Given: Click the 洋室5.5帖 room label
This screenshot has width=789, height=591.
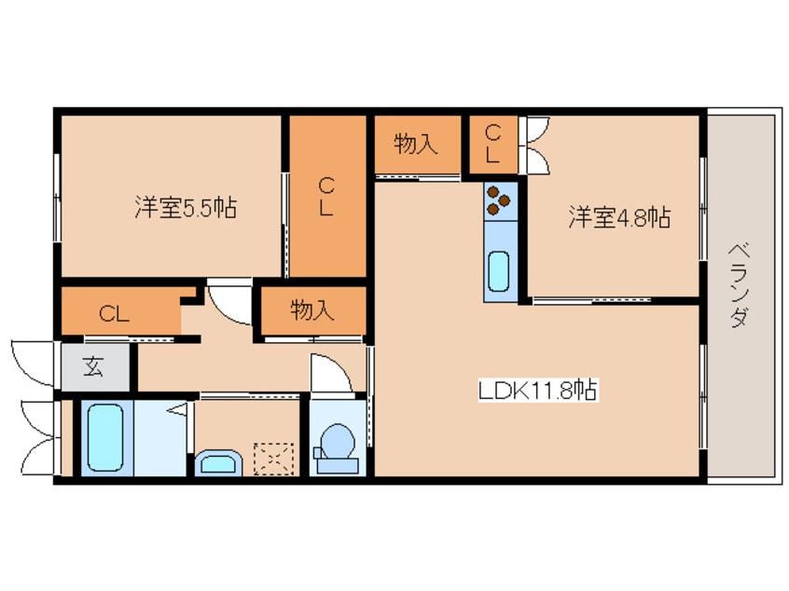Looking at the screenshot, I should (184, 208).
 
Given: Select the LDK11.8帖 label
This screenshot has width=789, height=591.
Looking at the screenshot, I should (538, 390).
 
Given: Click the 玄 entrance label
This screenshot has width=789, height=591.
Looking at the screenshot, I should (93, 366).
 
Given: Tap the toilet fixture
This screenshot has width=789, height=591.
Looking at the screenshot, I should (337, 445).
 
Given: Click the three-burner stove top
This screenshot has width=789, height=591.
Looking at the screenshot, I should (500, 199).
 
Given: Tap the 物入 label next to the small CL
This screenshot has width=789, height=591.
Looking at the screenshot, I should (416, 144).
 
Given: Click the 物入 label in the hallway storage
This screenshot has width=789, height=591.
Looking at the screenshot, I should (312, 310).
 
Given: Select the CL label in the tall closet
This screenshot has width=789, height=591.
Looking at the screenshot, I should (325, 196).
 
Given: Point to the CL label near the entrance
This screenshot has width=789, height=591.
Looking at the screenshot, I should (115, 314).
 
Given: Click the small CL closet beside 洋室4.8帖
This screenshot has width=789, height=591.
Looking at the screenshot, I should (493, 144).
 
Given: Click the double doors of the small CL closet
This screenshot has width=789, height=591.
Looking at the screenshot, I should (537, 144).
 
